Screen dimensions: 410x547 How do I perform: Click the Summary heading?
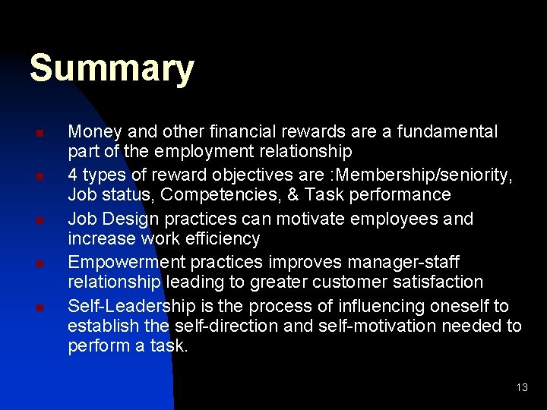[112, 69]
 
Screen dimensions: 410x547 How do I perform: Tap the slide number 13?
[521, 387]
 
